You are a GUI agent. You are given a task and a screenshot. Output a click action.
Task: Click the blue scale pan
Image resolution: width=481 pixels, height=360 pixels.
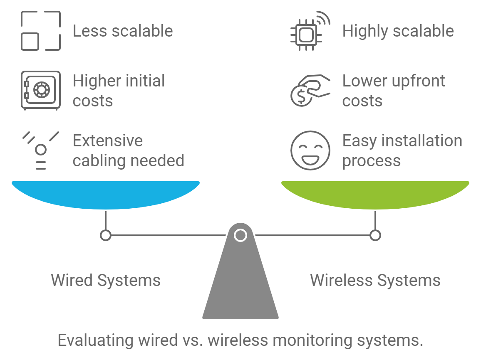(x=106, y=193)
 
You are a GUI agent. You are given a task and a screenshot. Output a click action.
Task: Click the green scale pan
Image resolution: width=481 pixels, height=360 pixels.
(x=375, y=193)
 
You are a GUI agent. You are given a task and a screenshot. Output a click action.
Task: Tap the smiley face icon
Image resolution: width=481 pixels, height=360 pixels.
(x=310, y=150)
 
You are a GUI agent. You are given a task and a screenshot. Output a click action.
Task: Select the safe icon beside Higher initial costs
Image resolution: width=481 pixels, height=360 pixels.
(x=40, y=91)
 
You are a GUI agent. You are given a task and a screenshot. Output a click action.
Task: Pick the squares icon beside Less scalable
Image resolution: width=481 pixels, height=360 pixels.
(x=40, y=31)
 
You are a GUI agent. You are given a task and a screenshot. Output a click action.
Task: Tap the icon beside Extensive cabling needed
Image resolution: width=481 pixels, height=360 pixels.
(x=40, y=150)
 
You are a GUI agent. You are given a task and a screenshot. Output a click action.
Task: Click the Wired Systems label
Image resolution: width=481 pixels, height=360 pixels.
(x=106, y=280)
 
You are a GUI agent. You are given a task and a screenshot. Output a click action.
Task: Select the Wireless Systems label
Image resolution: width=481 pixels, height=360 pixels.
(x=375, y=280)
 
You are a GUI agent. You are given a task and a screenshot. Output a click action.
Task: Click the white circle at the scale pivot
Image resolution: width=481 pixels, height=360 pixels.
(x=240, y=235)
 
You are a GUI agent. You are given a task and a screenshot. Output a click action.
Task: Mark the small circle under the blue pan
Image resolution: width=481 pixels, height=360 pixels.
(x=106, y=236)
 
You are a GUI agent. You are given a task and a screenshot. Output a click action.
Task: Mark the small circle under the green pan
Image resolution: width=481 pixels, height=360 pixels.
(x=375, y=236)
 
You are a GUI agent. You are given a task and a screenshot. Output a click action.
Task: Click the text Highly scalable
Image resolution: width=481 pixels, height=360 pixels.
(x=398, y=31)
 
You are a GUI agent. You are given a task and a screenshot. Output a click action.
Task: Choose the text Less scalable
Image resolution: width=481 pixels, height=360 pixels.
(x=123, y=31)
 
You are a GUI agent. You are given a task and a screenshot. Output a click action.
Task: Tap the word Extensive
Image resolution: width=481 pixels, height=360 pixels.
(x=108, y=141)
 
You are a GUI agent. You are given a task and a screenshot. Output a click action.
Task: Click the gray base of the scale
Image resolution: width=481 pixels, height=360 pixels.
(x=240, y=287)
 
